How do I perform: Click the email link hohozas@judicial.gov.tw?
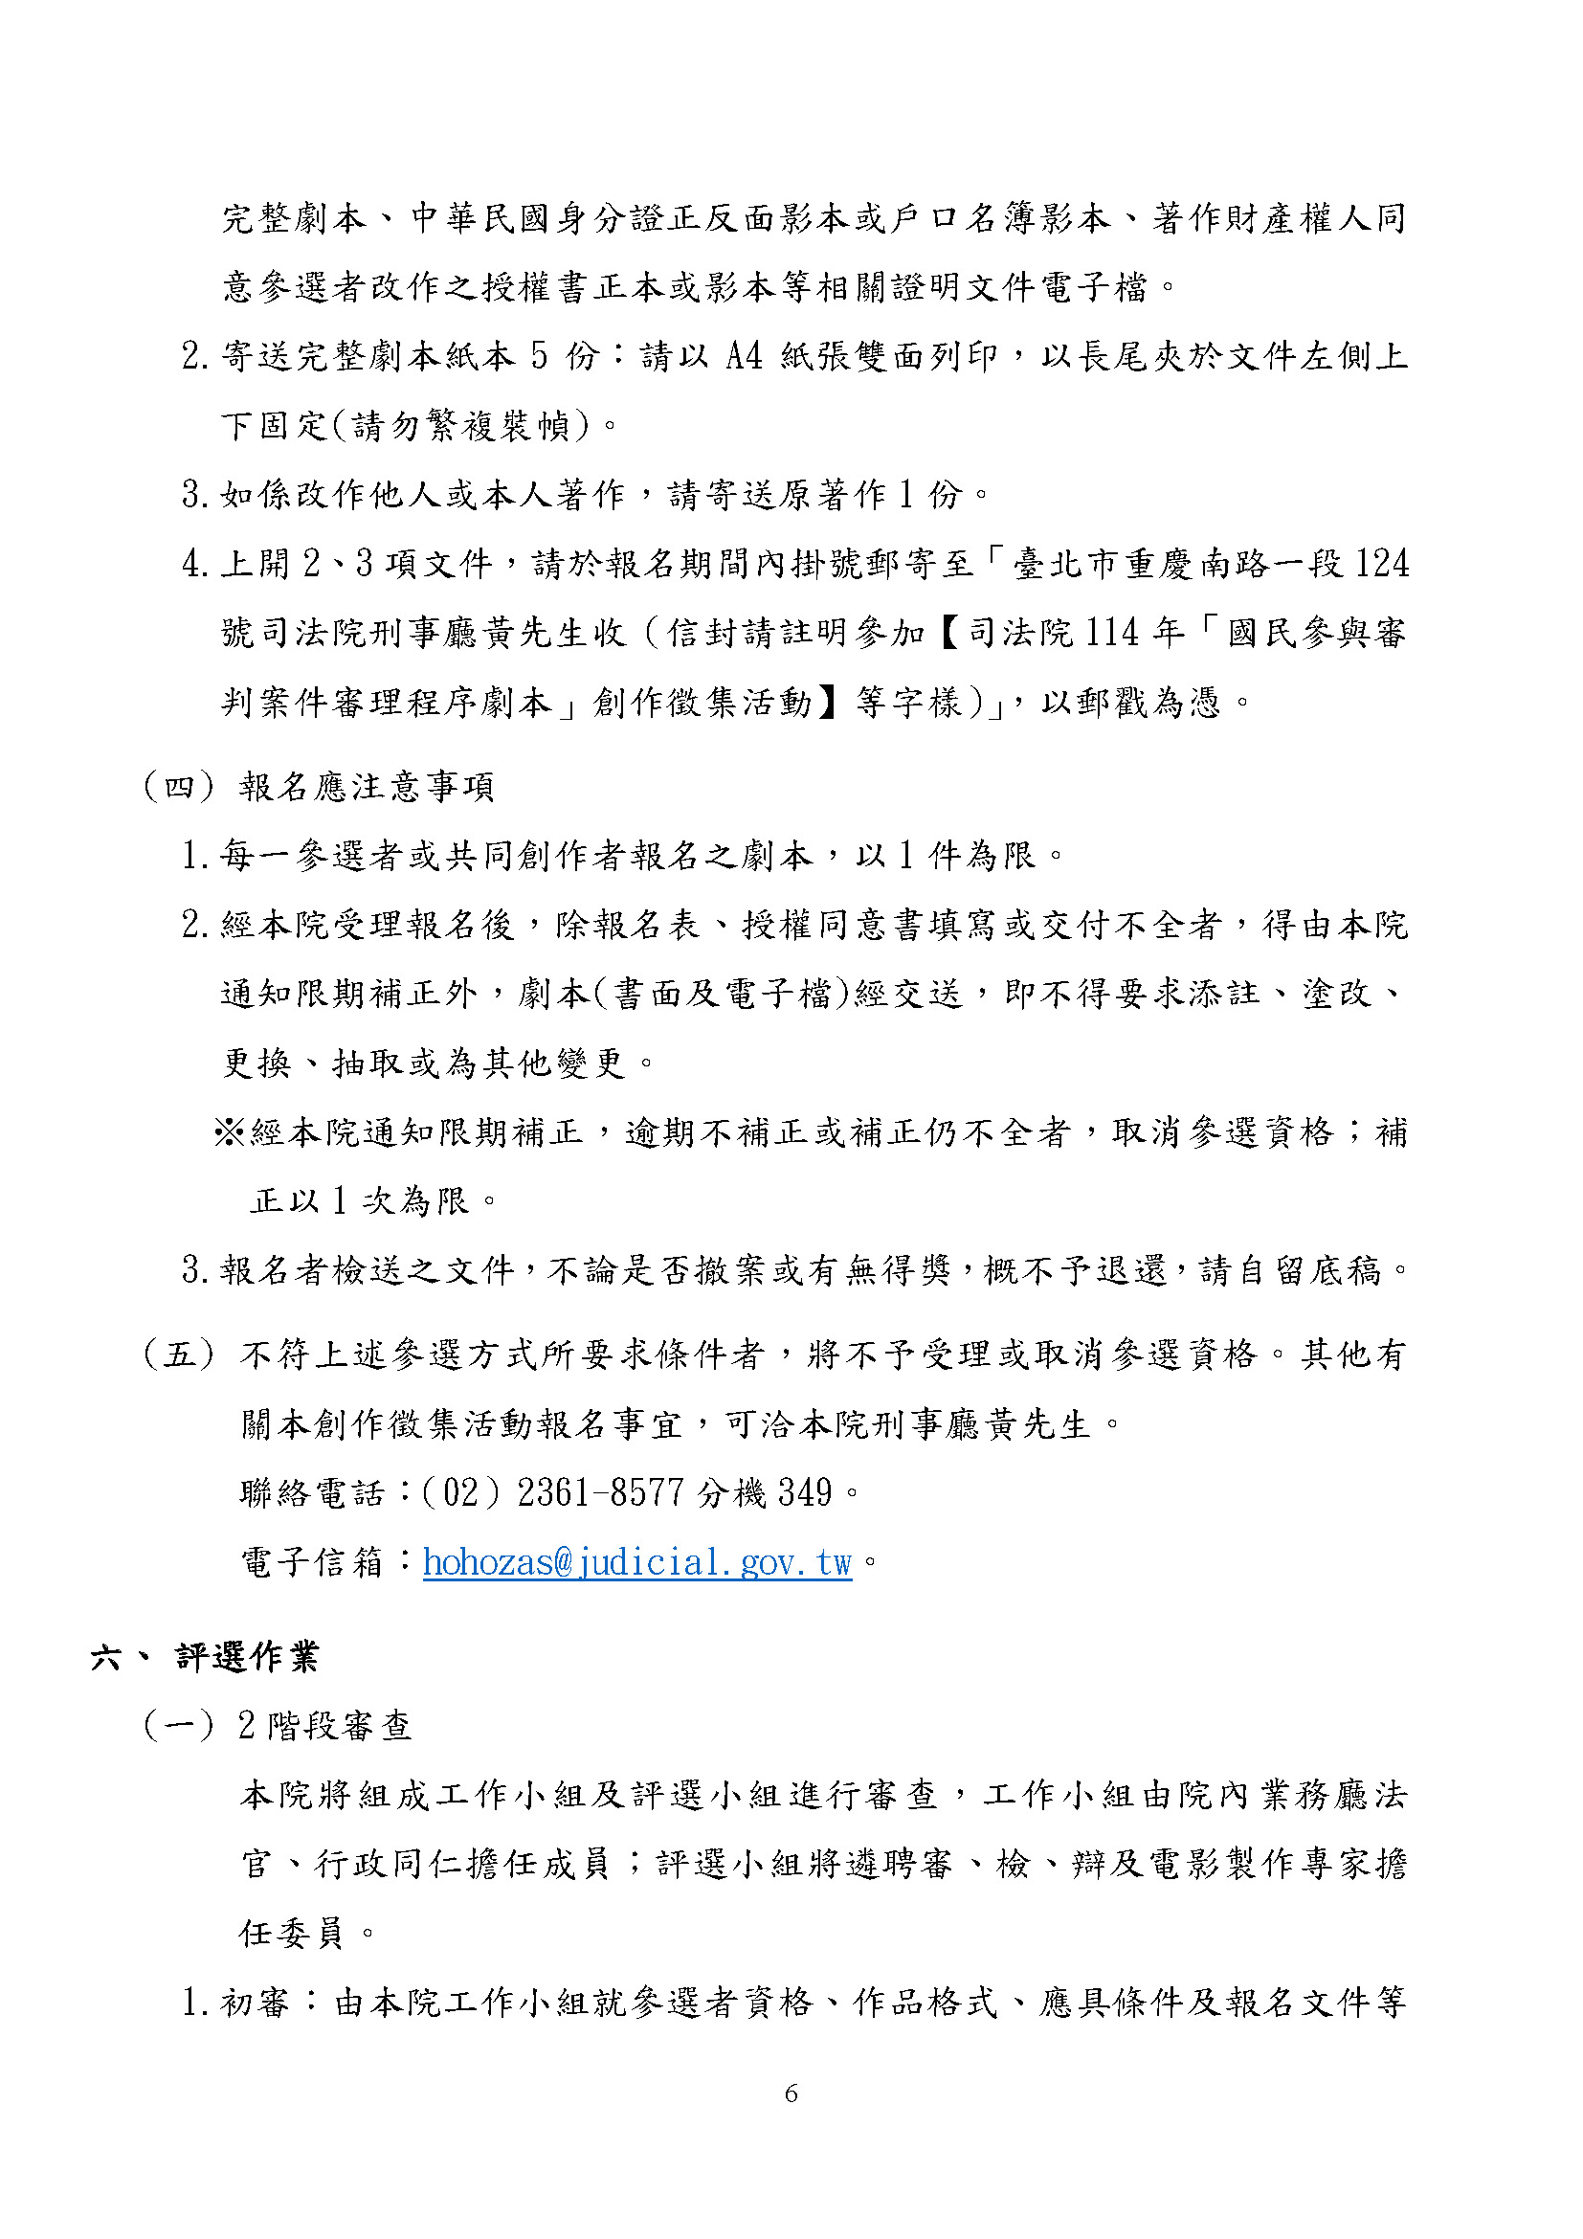tap(637, 1562)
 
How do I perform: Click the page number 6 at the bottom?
tap(791, 2093)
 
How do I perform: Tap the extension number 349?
tap(805, 1492)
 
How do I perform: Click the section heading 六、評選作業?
tap(205, 1656)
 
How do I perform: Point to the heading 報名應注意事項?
tap(367, 786)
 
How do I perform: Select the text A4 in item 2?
tap(744, 356)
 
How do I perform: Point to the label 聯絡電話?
tap(312, 1493)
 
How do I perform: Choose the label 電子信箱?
tap(312, 1562)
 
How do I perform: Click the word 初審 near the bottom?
tap(256, 2003)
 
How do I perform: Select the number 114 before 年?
tap(1111, 633)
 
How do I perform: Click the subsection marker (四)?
tap(178, 786)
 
